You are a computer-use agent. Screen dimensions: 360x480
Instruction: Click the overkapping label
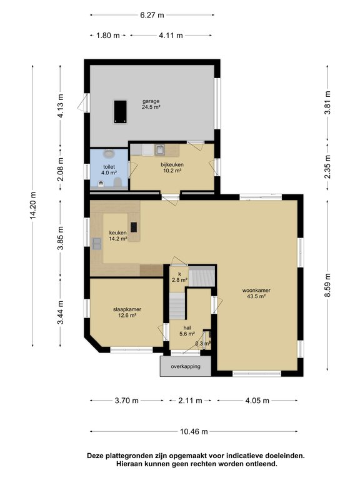186,366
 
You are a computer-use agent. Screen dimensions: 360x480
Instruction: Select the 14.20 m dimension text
32,206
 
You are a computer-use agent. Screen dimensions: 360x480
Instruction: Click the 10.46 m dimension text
194,432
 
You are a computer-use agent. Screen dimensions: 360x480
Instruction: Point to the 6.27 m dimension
152,15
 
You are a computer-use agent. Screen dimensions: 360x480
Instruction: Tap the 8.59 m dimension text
327,285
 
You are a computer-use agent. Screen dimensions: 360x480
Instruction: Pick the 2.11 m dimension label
190,401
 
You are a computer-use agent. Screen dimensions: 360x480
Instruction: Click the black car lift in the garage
120,112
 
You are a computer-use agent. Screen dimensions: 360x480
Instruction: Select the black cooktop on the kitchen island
134,227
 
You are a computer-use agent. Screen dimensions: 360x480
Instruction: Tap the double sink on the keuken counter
97,243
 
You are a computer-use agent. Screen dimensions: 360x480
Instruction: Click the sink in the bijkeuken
159,150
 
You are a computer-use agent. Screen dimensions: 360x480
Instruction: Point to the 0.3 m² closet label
203,344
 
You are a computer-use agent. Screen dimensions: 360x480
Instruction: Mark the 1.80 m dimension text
107,36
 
